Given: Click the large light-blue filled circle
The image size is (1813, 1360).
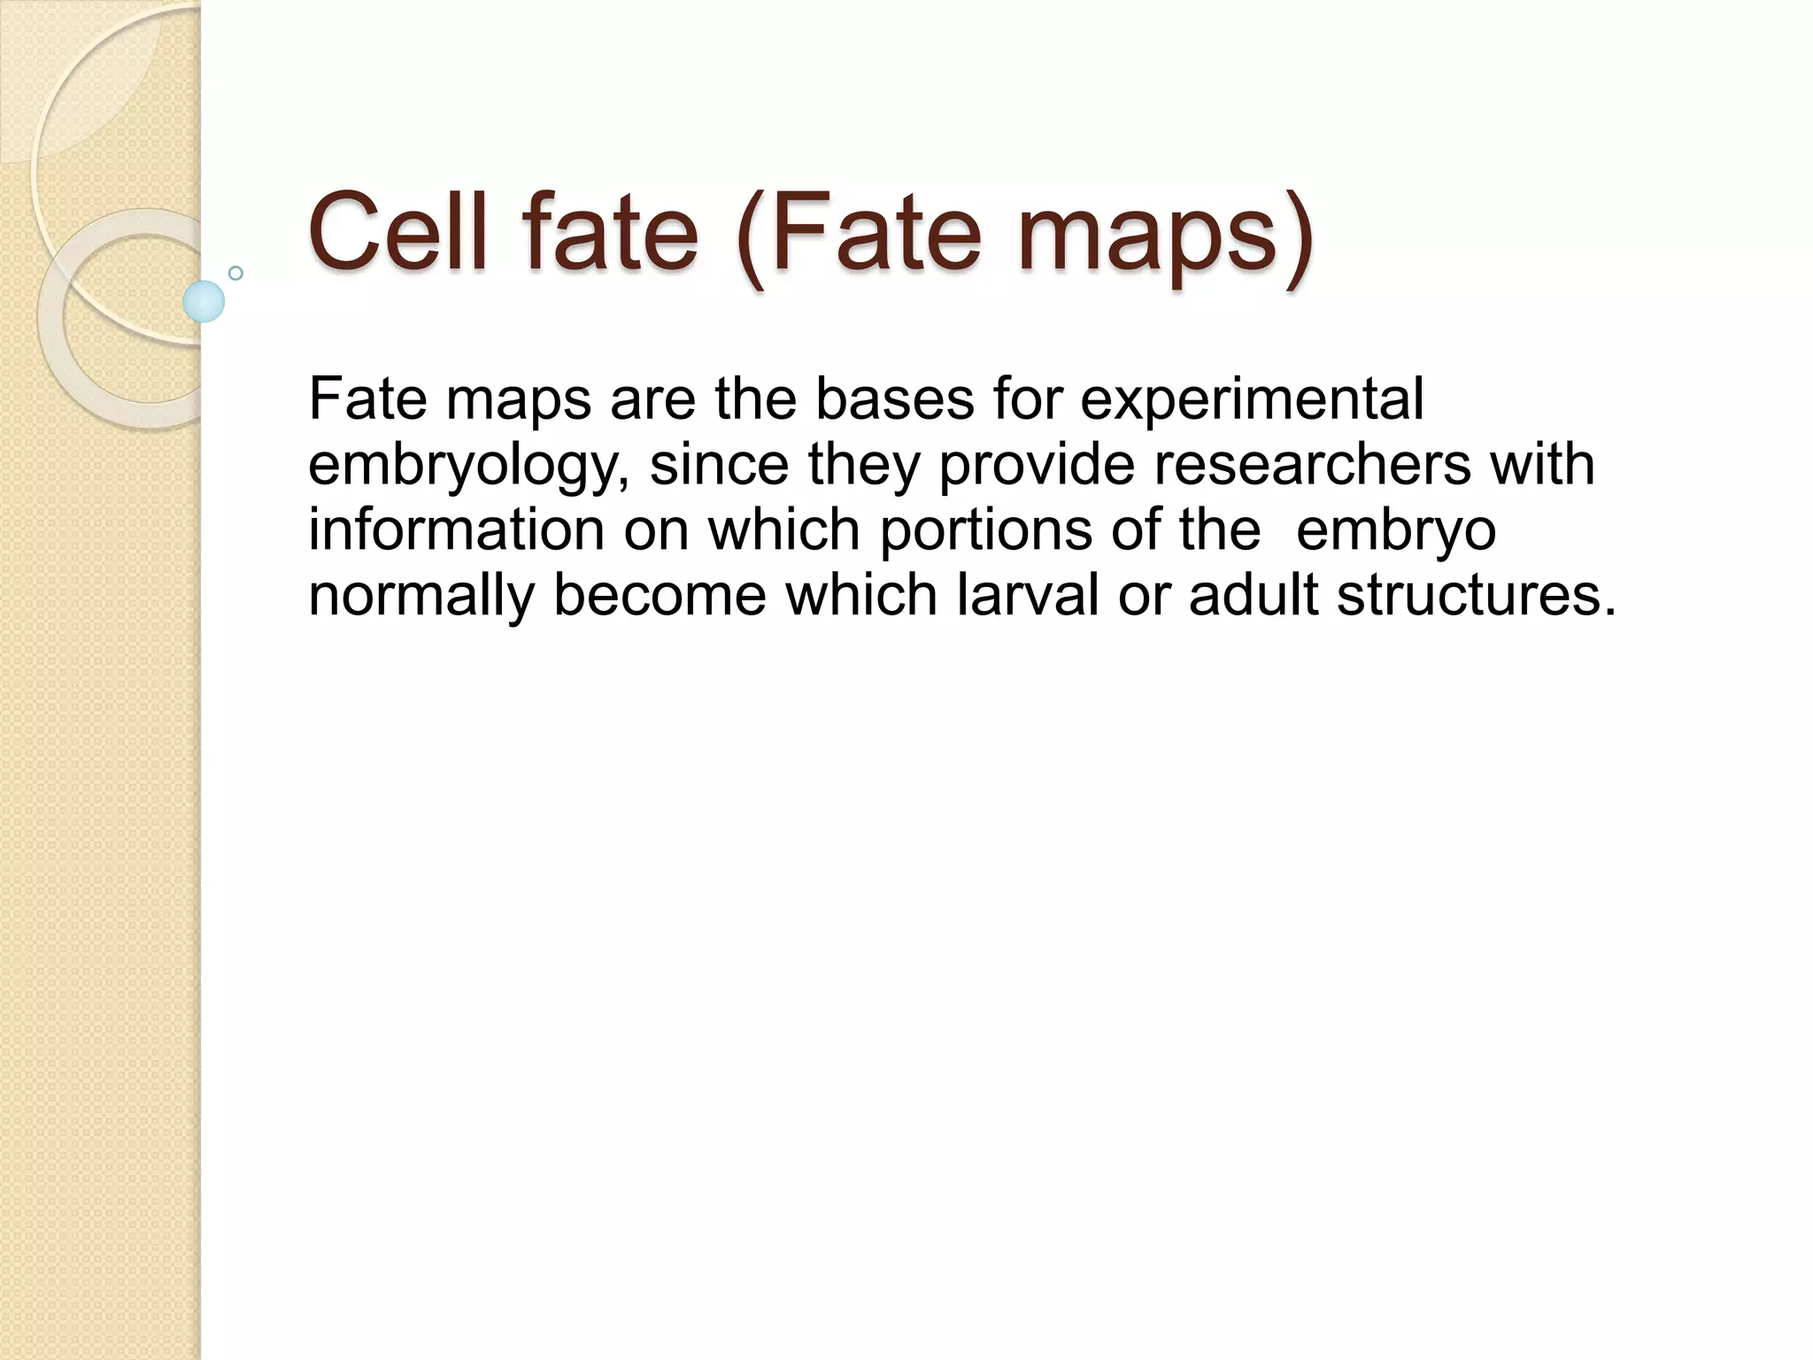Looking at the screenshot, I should [x=204, y=301].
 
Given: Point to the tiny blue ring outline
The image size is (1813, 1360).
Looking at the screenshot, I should [x=235, y=274].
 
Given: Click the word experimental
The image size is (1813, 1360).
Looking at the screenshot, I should [x=1252, y=400].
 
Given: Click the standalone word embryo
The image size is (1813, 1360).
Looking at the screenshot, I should [x=1396, y=531].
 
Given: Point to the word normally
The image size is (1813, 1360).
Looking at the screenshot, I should [x=421, y=597].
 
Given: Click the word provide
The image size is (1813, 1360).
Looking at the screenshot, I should [x=1037, y=466].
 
